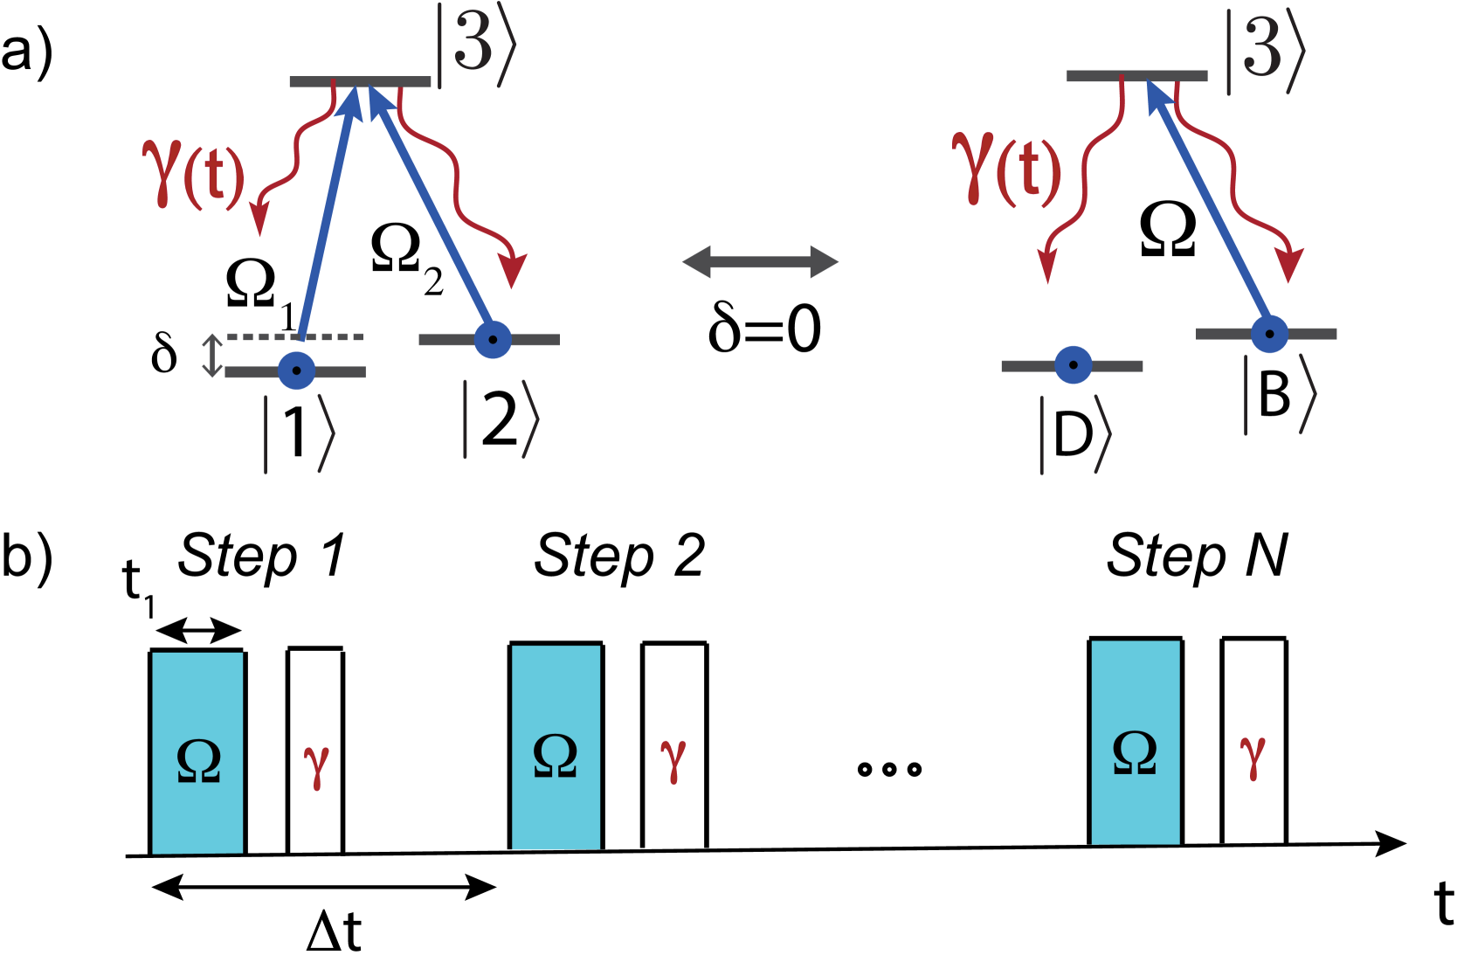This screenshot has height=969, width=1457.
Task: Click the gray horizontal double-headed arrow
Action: point(760,262)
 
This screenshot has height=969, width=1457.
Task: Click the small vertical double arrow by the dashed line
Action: point(211,356)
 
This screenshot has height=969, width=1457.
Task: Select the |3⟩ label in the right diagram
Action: point(1265,51)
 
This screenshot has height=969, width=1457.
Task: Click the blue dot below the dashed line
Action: point(296,370)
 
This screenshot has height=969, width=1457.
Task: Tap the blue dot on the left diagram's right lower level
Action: point(493,340)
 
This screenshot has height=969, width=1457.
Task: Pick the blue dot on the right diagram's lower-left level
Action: point(1073,365)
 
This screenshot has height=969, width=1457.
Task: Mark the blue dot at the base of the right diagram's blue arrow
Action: point(1269,334)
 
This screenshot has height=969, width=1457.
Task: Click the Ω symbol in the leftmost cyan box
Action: point(198,760)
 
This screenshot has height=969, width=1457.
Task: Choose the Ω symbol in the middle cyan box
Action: point(555,755)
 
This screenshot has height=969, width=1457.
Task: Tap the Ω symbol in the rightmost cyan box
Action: point(1135,752)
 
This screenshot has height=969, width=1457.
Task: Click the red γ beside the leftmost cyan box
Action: point(316,765)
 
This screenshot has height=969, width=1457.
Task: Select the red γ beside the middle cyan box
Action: point(673,758)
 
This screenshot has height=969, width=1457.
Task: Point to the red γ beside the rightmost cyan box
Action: point(1253,756)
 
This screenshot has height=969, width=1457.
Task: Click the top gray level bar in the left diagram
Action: point(360,82)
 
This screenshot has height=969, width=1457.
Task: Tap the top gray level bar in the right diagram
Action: point(1136,77)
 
